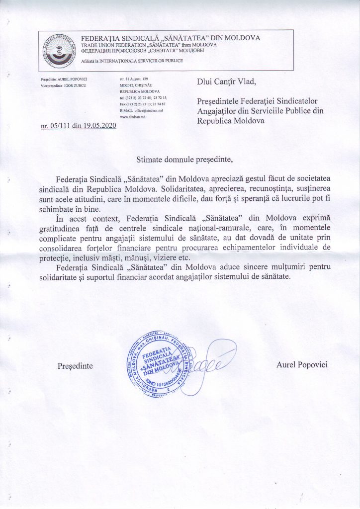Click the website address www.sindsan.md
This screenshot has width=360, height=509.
[132, 118]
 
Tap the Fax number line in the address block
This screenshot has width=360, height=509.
[144, 104]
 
